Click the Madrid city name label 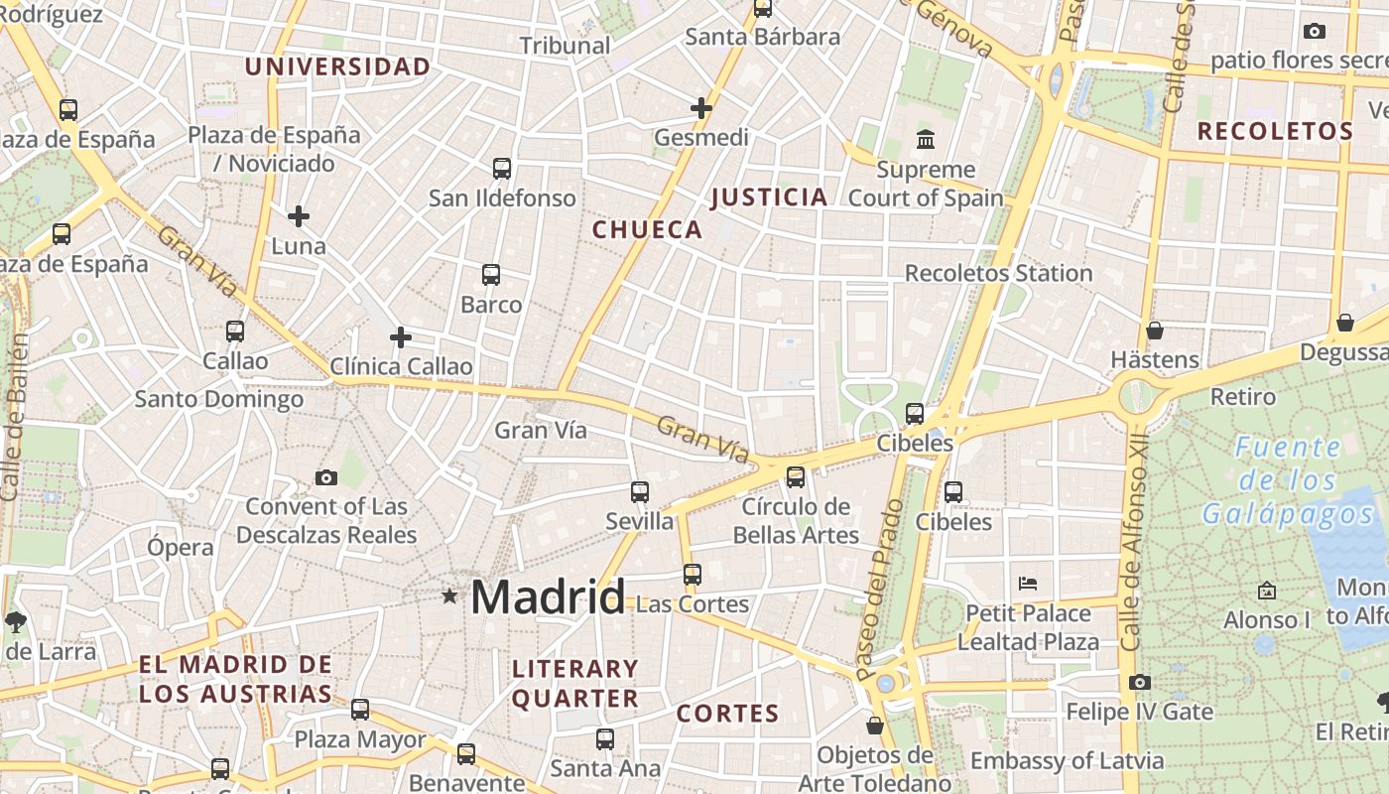[x=548, y=596]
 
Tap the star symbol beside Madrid [x=449, y=595]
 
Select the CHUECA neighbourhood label [x=647, y=229]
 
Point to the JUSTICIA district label [x=769, y=197]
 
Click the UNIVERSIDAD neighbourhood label [x=337, y=66]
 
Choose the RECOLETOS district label [x=1275, y=131]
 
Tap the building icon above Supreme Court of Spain [x=926, y=138]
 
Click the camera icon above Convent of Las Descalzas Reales [x=325, y=477]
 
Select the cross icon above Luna [x=299, y=215]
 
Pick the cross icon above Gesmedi [x=701, y=107]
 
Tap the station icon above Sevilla [x=640, y=491]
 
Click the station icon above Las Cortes [x=693, y=574]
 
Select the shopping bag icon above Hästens [x=1154, y=330]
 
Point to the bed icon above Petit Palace [x=1028, y=583]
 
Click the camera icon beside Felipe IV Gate [x=1139, y=682]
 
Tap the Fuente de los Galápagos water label [x=1288, y=480]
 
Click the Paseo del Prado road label [x=881, y=588]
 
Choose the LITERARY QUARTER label [x=575, y=683]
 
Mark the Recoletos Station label [x=998, y=273]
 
